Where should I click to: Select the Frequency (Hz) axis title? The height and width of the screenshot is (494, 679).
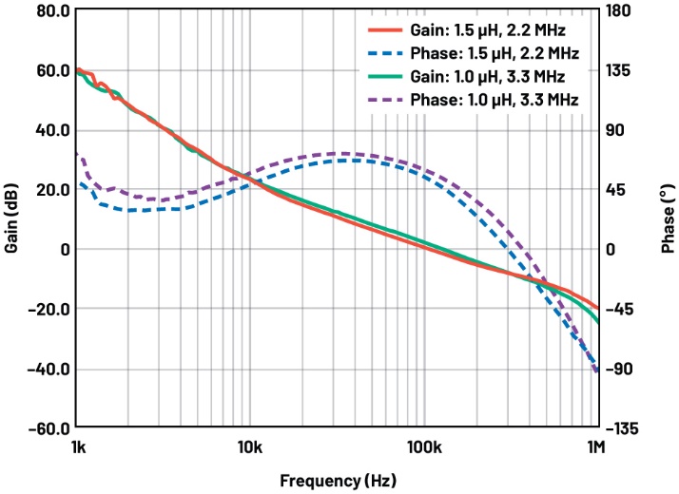338,481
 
